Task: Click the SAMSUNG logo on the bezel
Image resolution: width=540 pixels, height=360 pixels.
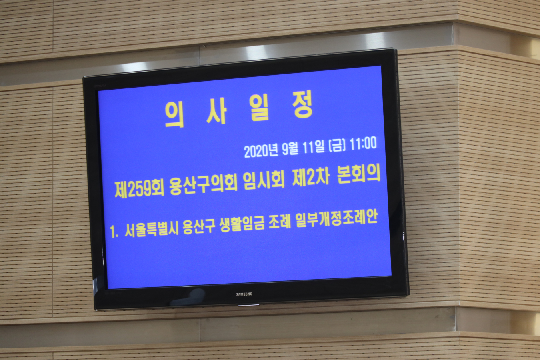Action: [244, 294]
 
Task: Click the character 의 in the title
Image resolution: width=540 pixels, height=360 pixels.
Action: [174, 114]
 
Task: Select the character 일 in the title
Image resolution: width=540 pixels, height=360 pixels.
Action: [259, 108]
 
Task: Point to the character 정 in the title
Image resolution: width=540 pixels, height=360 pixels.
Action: [303, 105]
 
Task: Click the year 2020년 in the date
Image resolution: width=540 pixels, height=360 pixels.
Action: [261, 151]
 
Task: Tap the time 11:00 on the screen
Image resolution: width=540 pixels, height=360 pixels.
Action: [363, 144]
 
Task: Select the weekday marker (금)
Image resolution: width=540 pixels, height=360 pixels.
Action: [337, 146]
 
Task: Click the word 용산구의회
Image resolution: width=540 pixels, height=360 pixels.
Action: [204, 184]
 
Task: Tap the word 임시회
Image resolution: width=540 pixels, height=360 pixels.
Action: [264, 181]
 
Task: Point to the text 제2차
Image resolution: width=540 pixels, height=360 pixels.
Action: [311, 178]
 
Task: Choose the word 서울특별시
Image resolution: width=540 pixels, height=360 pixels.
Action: [152, 230]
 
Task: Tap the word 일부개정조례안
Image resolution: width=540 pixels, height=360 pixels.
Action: [336, 219]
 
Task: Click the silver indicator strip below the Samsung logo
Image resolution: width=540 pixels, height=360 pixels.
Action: [248, 305]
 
